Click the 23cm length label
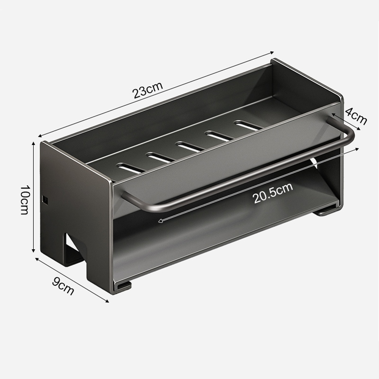148,90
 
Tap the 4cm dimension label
356,116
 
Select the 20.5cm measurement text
273,193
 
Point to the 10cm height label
25,200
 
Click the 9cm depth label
63,286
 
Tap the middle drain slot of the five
190,147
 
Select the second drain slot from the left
161,157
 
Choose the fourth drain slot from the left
219,135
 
